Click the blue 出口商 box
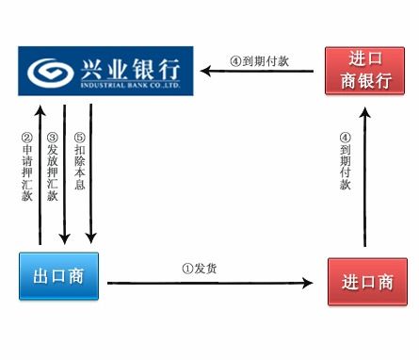coord(58,275)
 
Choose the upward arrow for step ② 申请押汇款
coord(40,173)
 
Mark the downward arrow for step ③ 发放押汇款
coord(64,173)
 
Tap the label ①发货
coord(204,268)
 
